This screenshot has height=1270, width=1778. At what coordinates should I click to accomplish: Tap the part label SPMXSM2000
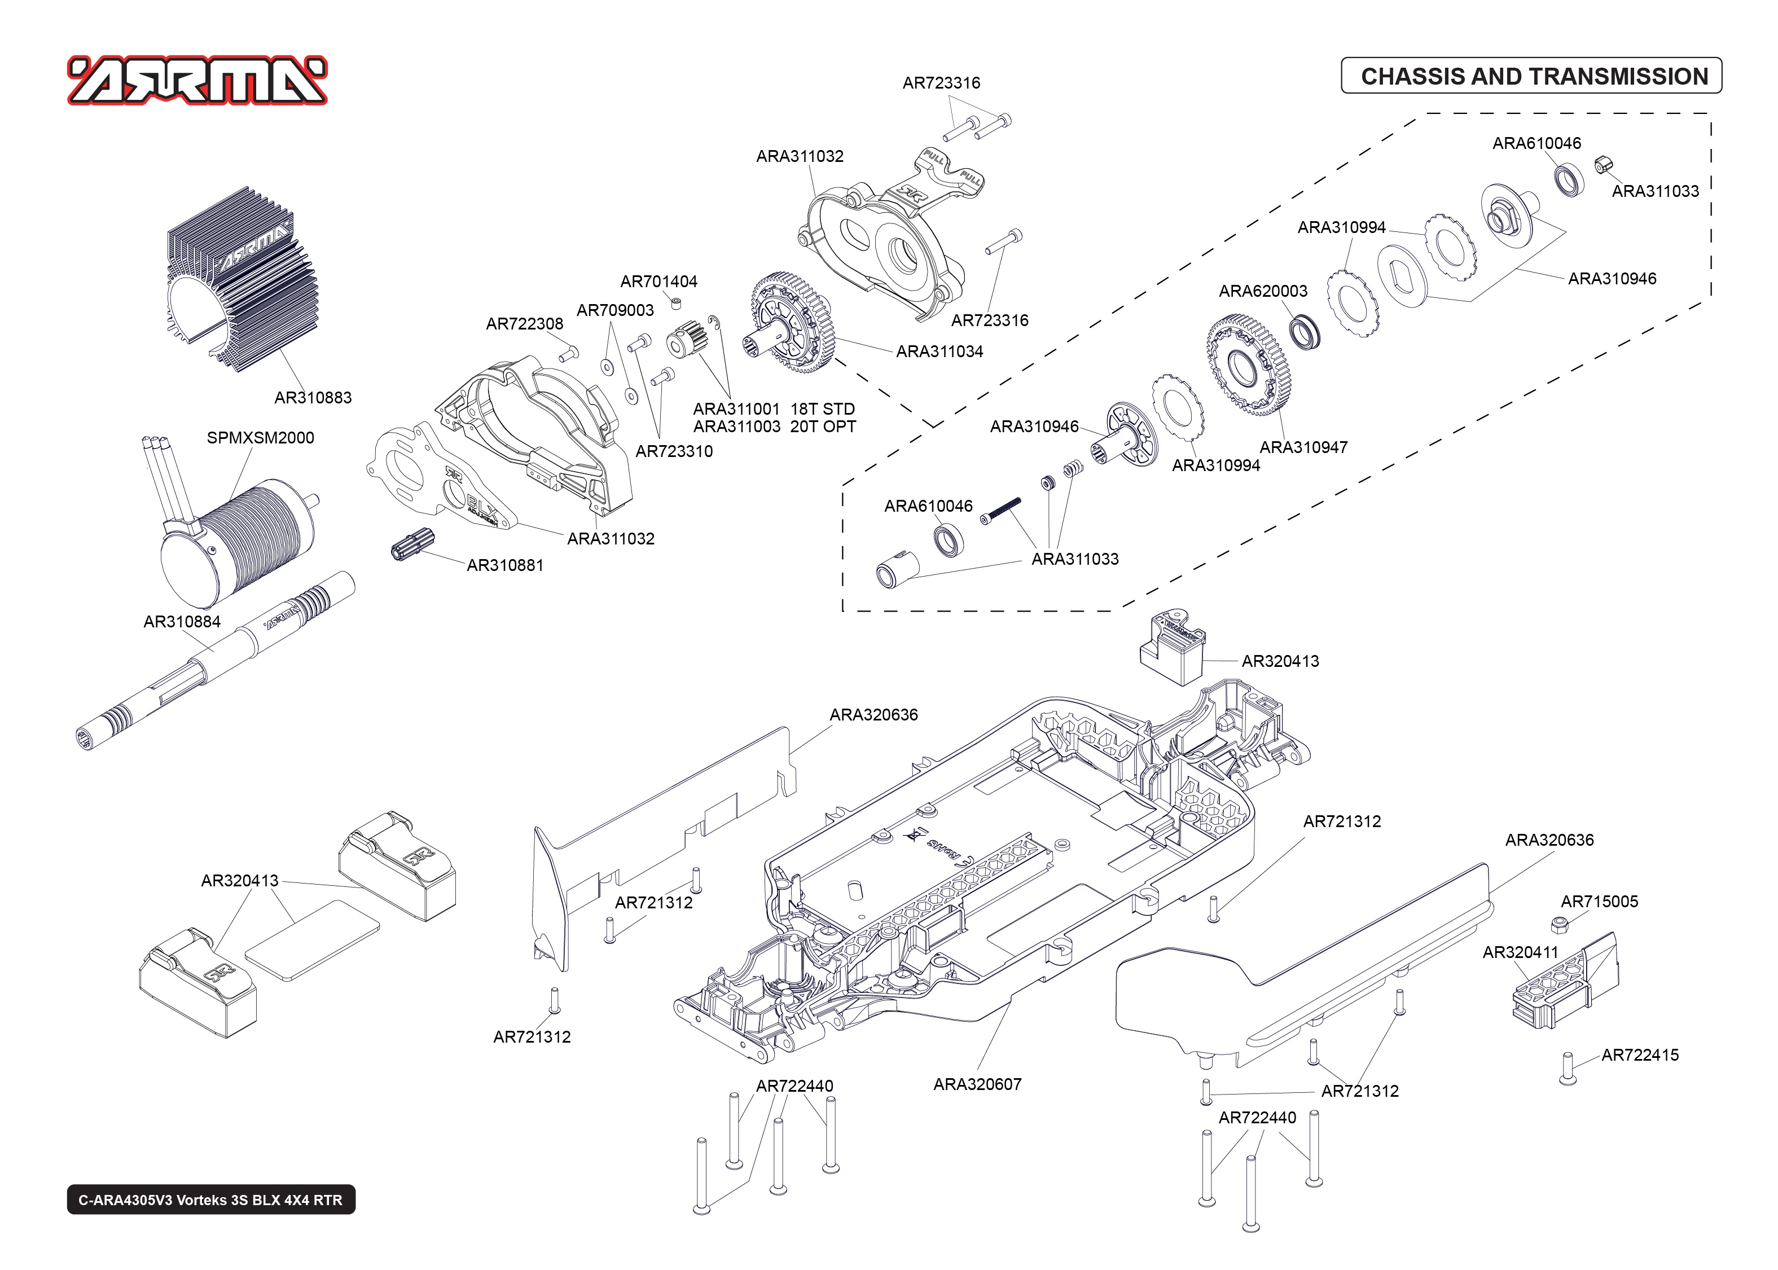pos(260,438)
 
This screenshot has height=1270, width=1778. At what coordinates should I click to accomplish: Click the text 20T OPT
pos(823,427)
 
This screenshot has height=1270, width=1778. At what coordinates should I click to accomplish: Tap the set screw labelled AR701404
pos(677,304)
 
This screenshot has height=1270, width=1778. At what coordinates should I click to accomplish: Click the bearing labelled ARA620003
pos(1305,332)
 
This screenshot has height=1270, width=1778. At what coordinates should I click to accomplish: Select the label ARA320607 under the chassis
pos(977,1084)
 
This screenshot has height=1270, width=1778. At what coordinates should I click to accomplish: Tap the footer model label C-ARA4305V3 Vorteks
pos(210,1199)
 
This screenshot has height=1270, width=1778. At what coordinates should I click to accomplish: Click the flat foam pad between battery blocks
pos(312,939)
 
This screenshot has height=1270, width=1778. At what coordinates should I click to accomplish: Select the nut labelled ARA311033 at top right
pos(1600,164)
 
